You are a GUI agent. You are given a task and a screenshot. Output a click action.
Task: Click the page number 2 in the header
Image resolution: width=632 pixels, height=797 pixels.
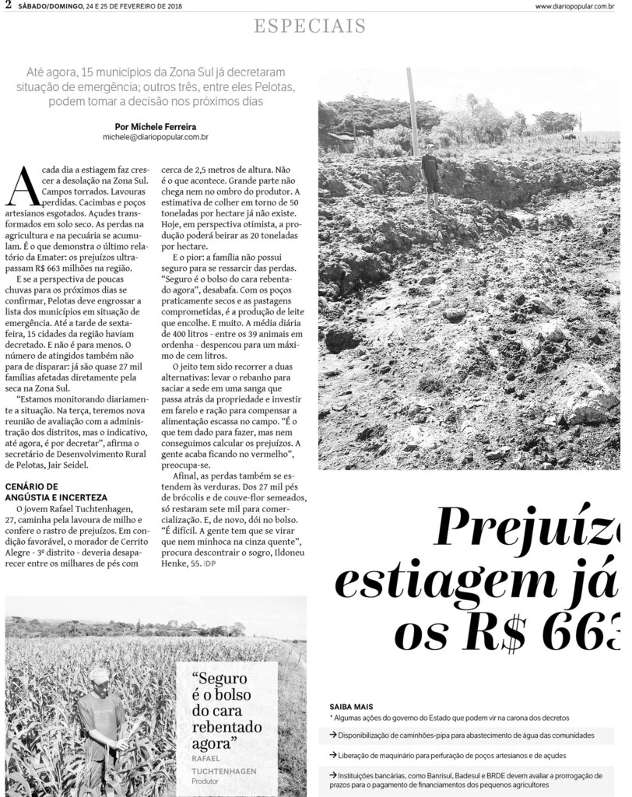pyautogui.click(x=7, y=5)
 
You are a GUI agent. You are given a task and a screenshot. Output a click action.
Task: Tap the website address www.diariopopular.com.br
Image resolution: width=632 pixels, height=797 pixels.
pyautogui.click(x=578, y=6)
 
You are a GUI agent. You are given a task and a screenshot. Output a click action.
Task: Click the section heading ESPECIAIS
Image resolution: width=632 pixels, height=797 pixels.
pyautogui.click(x=311, y=27)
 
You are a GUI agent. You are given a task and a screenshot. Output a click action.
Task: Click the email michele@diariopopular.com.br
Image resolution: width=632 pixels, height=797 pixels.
pyautogui.click(x=156, y=136)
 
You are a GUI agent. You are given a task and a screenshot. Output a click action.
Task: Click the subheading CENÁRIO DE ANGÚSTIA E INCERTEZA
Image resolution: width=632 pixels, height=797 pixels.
pyautogui.click(x=56, y=491)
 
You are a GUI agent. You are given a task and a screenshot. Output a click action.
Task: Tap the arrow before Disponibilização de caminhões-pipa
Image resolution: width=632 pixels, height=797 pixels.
pyautogui.click(x=333, y=736)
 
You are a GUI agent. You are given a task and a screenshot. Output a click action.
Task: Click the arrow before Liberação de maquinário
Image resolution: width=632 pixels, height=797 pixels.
pyautogui.click(x=333, y=755)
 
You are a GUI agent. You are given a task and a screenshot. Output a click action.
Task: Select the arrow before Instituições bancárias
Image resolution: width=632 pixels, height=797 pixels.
pyautogui.click(x=333, y=774)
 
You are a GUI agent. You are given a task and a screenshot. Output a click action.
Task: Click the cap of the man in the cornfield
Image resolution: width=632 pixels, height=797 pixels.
pyautogui.click(x=99, y=672)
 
